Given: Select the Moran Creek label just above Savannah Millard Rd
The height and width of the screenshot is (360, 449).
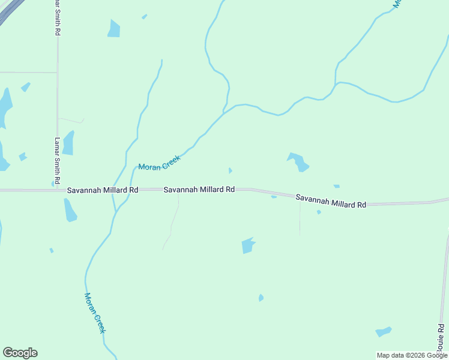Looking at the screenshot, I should click(160, 162).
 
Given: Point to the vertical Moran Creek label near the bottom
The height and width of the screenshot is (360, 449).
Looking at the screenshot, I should click(95, 313).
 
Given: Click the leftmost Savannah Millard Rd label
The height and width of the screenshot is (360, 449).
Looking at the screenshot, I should click(103, 190).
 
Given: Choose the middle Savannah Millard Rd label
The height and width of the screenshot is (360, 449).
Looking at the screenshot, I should click(199, 190).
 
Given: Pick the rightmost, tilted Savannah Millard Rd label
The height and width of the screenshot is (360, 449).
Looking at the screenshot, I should click(331, 201).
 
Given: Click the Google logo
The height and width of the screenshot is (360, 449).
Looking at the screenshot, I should click(20, 353).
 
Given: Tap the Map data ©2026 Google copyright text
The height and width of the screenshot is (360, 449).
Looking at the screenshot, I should click(412, 355).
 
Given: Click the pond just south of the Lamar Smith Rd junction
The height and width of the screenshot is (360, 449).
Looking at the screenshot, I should click(70, 211).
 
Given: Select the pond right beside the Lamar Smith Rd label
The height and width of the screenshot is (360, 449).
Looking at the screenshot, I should click(68, 143).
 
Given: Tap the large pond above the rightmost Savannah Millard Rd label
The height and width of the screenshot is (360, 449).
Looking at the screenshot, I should click(298, 162).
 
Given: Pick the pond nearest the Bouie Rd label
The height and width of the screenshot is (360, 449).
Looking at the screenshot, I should click(383, 331).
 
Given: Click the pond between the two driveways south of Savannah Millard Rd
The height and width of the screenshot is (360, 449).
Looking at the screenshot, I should click(247, 245).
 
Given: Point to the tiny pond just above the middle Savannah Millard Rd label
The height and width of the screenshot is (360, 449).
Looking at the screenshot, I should click(231, 170).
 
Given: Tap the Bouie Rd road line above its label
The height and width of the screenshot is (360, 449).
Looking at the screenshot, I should click(445, 276).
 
